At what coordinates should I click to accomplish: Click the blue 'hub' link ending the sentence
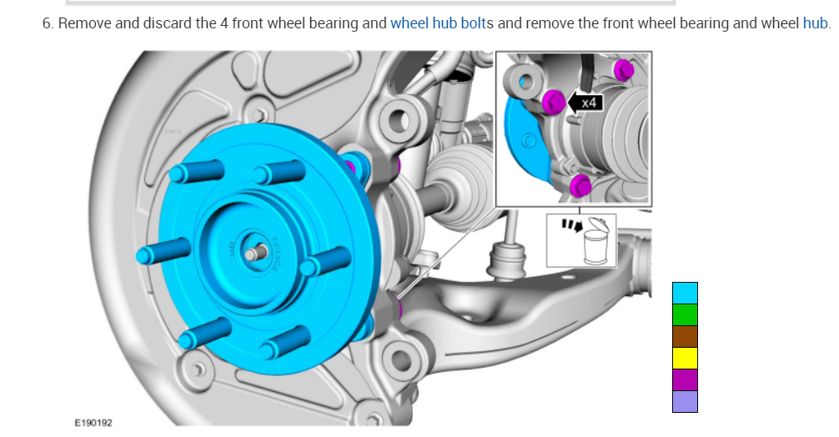pyautogui.click(x=814, y=23)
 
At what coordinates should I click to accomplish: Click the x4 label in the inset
pyautogui.click(x=590, y=103)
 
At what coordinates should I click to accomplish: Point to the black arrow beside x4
pyautogui.click(x=574, y=103)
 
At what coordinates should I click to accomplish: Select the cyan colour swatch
pyautogui.click(x=685, y=293)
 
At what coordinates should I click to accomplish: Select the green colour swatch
pyautogui.click(x=685, y=314)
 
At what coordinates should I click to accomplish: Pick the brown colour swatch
pyautogui.click(x=685, y=336)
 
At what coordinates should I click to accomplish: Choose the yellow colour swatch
pyautogui.click(x=685, y=358)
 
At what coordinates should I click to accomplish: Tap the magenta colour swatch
pyautogui.click(x=685, y=379)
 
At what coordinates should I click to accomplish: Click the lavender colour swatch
pyautogui.click(x=685, y=401)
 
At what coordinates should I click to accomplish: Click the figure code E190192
pyautogui.click(x=93, y=423)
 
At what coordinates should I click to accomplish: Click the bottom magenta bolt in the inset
pyautogui.click(x=581, y=185)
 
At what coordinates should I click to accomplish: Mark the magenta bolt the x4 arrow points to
pyautogui.click(x=552, y=103)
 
